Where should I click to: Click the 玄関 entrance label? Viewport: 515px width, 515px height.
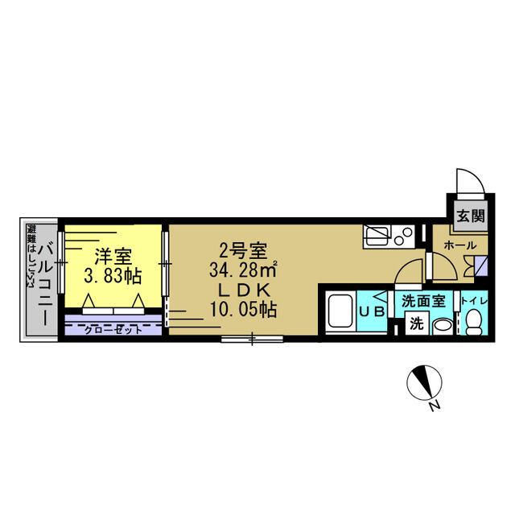471,215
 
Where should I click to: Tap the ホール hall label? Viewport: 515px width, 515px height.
459,245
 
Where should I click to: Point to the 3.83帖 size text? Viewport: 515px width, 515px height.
113,276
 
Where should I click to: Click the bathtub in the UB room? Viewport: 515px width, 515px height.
342,313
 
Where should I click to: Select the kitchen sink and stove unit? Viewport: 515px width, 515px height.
389,235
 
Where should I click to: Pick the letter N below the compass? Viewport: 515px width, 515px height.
433,406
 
